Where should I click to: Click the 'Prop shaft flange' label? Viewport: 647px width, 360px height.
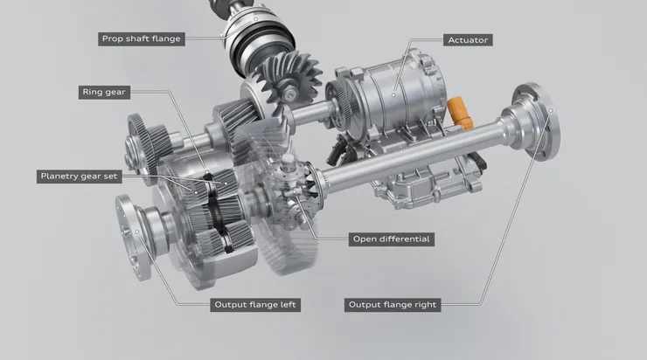pos(141,38)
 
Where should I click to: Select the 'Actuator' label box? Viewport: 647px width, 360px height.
pos(468,40)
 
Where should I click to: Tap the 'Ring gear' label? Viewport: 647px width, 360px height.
pos(104,92)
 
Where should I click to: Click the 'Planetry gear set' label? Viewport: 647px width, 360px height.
pos(79,177)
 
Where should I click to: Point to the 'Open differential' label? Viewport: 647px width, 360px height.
pos(391,239)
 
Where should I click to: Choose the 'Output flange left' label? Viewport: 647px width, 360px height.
pos(255,305)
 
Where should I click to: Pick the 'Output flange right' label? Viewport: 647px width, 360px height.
pos(393,305)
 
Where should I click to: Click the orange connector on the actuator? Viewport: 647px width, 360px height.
pos(460,112)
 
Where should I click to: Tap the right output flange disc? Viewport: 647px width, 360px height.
pos(537,122)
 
